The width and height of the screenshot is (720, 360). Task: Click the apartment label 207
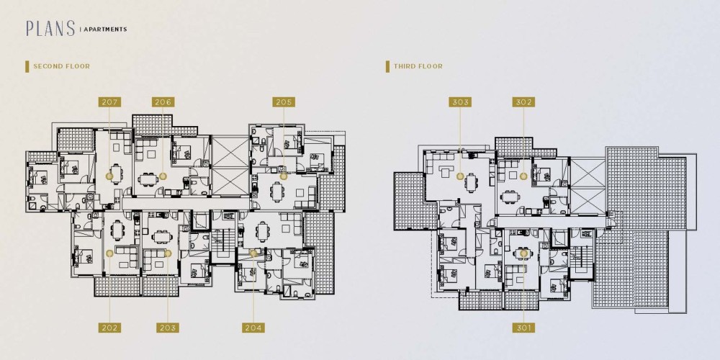point(109,102)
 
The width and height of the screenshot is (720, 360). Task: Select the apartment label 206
point(163,102)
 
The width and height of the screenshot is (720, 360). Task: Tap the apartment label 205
point(284,102)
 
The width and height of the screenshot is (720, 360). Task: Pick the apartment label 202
point(109,328)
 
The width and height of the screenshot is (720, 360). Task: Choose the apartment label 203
point(168,328)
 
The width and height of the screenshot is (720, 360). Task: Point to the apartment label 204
point(253,328)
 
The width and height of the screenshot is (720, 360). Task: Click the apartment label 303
point(460,102)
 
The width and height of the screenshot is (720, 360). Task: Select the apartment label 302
point(523,102)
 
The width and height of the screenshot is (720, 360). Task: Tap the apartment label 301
point(523,328)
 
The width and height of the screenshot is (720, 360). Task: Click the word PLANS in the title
point(50,29)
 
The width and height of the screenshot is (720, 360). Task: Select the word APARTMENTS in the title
point(105,30)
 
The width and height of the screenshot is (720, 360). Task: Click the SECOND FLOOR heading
point(61,66)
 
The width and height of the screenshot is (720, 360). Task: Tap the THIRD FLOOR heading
point(418,66)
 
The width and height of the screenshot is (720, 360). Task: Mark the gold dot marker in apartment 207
point(109,176)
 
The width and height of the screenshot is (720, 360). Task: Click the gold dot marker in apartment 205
point(283,176)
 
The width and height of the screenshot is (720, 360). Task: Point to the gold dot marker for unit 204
point(253,253)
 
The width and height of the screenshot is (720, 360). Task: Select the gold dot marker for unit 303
point(460,176)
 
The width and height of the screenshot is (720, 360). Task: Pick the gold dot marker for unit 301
point(523,253)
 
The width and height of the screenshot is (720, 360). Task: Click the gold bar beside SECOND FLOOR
point(27,66)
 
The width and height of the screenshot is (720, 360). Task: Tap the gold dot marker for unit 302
point(523,176)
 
